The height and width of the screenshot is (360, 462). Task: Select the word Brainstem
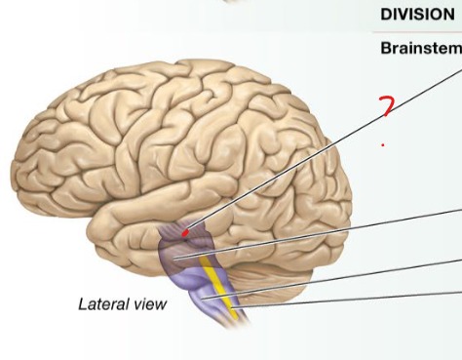419,48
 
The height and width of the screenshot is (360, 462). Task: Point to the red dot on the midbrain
185,233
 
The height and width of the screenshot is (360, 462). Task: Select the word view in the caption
148,304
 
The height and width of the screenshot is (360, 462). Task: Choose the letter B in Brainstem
384,48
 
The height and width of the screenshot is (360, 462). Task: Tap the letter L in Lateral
82,304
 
